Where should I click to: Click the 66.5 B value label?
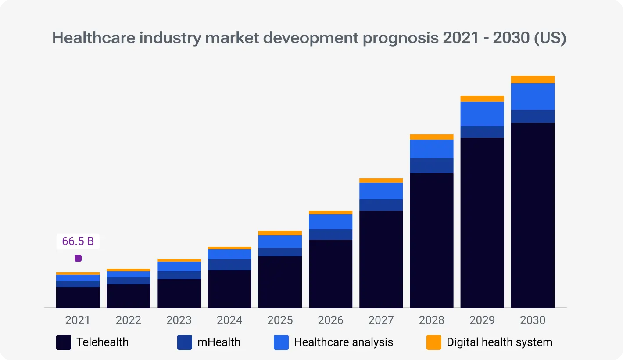(x=78, y=241)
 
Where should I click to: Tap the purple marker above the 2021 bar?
(x=78, y=258)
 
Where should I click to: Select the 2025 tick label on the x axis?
(x=280, y=320)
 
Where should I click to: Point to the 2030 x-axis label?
(x=533, y=320)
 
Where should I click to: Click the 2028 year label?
(x=432, y=320)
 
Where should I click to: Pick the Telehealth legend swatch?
(x=64, y=342)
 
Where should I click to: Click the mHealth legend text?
(x=219, y=342)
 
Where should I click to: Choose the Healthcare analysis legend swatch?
(x=281, y=342)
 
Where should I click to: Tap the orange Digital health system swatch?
(x=434, y=342)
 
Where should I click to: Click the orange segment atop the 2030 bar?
(x=533, y=79)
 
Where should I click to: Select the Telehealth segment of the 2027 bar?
(x=381, y=259)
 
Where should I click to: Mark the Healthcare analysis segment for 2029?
(x=482, y=114)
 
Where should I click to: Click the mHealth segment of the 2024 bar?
(x=229, y=265)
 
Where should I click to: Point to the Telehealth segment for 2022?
(x=129, y=296)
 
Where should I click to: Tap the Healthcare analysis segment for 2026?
(x=330, y=222)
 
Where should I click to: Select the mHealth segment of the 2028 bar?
(x=432, y=166)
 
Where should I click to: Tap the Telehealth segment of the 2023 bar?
(x=179, y=293)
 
